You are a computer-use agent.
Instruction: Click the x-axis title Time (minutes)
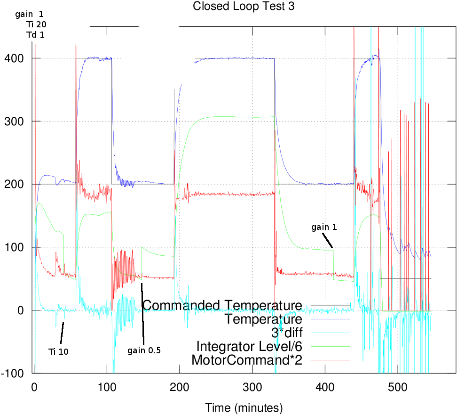click(244, 406)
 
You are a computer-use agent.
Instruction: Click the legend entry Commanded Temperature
click(222, 305)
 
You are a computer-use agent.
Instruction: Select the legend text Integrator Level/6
click(249, 346)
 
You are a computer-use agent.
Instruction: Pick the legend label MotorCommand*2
click(247, 360)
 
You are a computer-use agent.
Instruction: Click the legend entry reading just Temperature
click(263, 319)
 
